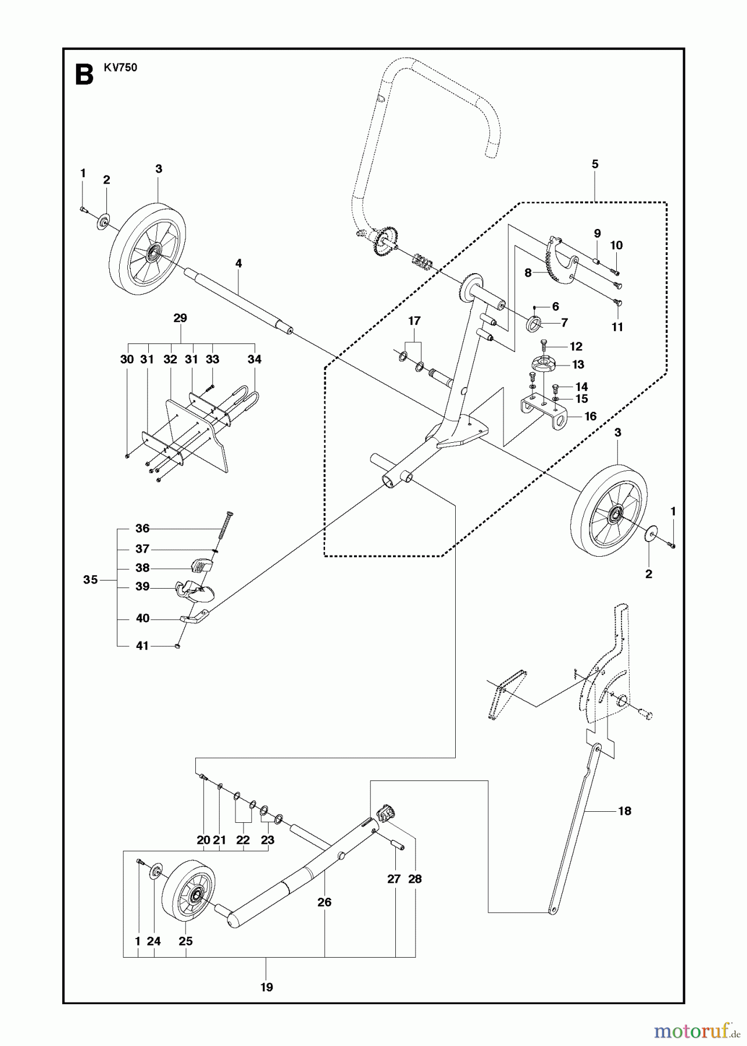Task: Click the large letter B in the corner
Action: [x=85, y=76]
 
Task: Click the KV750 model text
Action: [x=121, y=68]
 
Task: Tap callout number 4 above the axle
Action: [x=238, y=263]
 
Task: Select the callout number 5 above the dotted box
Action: [x=595, y=164]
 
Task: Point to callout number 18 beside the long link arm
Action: [x=624, y=811]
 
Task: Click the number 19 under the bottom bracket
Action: [x=266, y=987]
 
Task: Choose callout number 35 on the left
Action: [x=90, y=579]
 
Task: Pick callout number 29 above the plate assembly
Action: [x=180, y=318]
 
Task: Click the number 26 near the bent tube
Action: [x=324, y=902]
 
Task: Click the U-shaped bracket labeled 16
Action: [x=544, y=411]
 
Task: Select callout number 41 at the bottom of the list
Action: [x=142, y=646]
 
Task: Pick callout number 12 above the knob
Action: [x=576, y=346]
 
